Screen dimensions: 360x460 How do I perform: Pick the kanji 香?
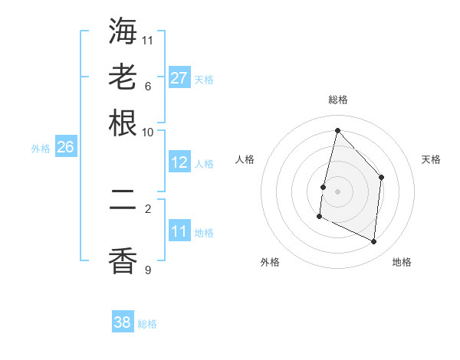point(123,261)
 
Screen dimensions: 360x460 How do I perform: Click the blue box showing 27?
point(179,77)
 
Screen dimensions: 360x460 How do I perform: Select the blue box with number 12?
point(179,162)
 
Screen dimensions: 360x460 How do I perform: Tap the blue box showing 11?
point(179,231)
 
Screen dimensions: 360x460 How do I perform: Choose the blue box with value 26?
point(65,148)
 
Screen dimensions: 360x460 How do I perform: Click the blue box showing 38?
point(123,322)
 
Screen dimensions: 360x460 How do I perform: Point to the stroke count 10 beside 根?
point(148,132)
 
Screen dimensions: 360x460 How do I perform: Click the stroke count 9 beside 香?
point(148,270)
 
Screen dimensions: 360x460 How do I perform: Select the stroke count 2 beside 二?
point(148,208)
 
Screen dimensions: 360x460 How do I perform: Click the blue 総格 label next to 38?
point(147,324)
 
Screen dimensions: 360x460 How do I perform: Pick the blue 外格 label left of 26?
point(40,149)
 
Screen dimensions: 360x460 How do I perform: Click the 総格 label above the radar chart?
point(337,100)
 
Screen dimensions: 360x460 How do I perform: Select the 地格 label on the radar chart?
point(402,262)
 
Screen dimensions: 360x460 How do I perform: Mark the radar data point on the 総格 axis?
point(337,130)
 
